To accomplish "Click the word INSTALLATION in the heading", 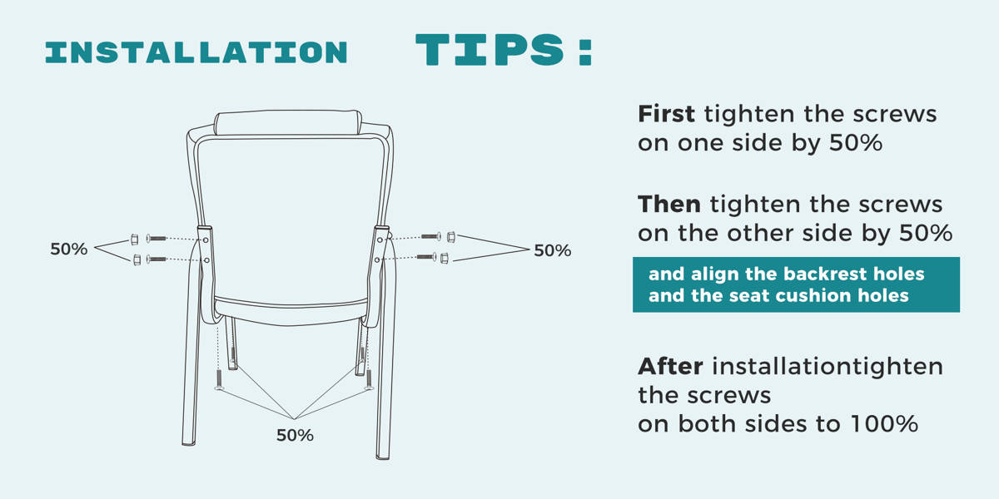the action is [196, 52].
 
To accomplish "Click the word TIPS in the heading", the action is [490, 50].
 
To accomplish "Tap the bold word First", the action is [666, 114].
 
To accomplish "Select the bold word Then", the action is [669, 205].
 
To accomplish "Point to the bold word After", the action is [670, 367].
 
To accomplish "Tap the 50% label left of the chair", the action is [68, 249].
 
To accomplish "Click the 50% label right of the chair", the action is [553, 250].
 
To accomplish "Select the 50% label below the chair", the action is [295, 435].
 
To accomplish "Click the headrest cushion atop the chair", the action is [288, 122].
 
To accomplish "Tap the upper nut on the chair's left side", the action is [134, 240].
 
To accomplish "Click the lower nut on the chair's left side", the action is [137, 259].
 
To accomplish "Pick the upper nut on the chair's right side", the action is [451, 236].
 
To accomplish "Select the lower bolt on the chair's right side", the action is [427, 257].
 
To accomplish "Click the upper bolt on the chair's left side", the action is [157, 239].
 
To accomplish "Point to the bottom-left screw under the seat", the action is [218, 380].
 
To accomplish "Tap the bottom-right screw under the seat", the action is [368, 380].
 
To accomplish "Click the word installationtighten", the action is [828, 367].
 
